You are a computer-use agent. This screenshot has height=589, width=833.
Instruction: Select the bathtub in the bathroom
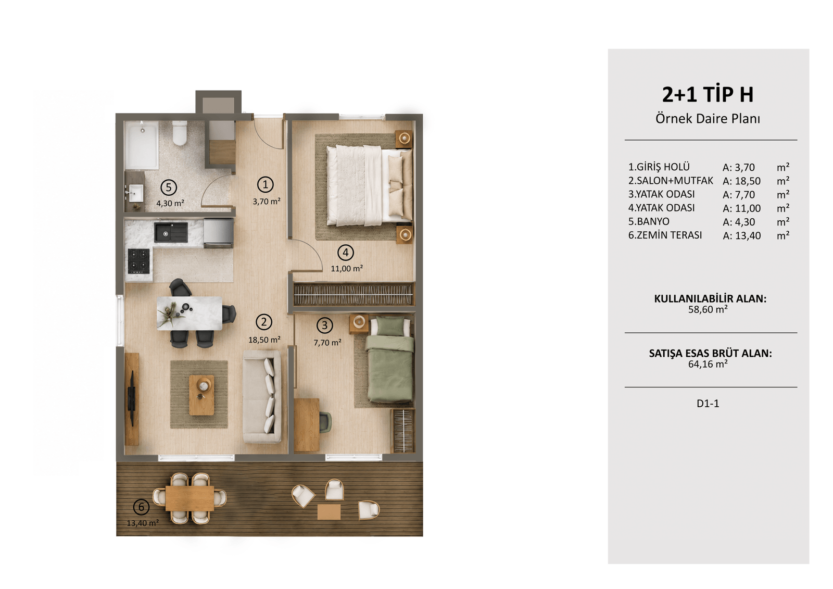[x=142, y=145]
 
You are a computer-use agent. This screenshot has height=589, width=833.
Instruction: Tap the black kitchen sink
[x=171, y=233]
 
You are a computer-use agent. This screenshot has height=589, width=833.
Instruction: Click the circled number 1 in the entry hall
[x=265, y=184]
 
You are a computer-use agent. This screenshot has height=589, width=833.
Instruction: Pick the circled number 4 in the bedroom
[x=346, y=253]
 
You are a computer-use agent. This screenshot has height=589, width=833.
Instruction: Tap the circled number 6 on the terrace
[x=141, y=507]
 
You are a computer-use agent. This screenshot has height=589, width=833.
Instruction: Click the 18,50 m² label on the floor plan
[x=264, y=340]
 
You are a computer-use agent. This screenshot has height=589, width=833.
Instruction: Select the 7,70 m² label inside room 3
[x=327, y=343]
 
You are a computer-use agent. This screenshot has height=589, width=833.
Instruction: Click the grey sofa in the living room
[x=262, y=396]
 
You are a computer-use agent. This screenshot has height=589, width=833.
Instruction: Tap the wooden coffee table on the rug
[x=201, y=395]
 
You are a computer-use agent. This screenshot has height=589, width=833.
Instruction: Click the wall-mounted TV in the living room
[x=132, y=399]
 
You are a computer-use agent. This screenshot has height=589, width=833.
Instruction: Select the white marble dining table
[x=190, y=314]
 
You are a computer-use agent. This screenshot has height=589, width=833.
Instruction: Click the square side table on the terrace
[x=329, y=511]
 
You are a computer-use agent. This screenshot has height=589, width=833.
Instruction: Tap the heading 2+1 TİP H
[x=708, y=94]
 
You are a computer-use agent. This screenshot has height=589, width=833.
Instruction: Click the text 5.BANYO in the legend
[x=649, y=222]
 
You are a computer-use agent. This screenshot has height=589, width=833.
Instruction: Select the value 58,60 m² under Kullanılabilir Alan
[x=708, y=309]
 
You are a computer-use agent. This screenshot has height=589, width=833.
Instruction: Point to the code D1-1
[x=708, y=403]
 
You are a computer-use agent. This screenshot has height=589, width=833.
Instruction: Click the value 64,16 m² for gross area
[x=708, y=364]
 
